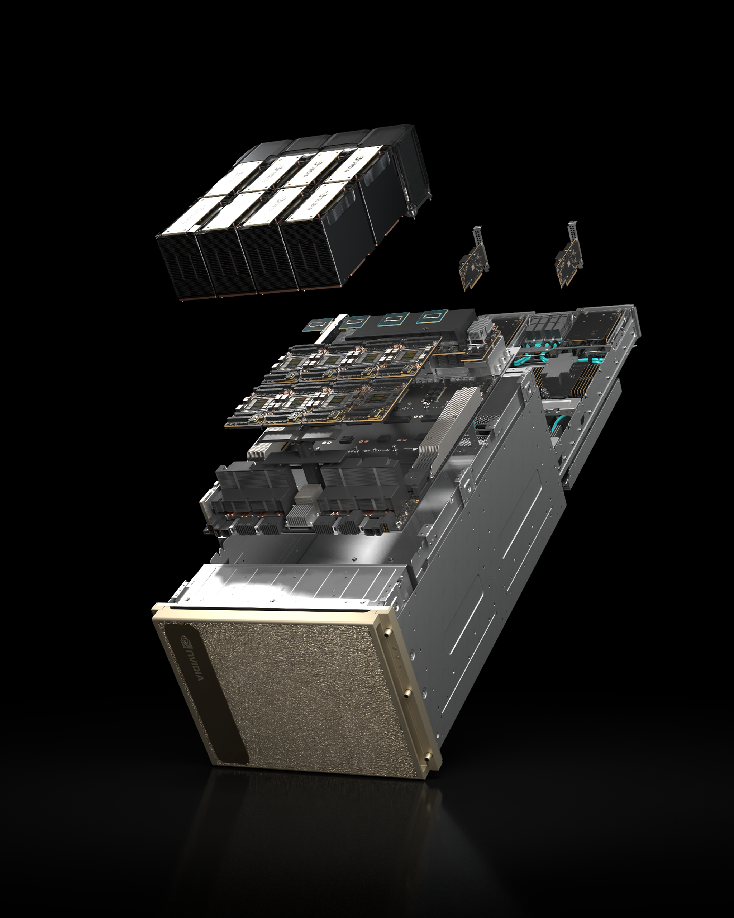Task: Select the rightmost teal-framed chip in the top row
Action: tap(432, 316)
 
